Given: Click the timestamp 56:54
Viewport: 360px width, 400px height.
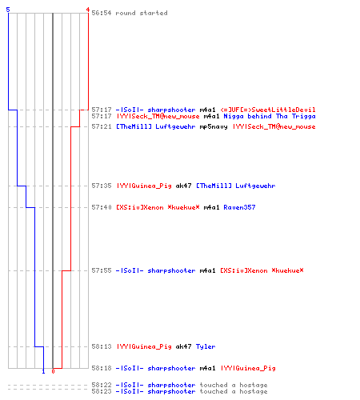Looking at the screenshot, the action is click(x=102, y=13).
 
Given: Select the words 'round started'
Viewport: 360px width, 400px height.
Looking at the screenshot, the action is click(x=142, y=13).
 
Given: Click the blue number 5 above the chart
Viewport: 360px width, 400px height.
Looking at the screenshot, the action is click(x=8, y=10).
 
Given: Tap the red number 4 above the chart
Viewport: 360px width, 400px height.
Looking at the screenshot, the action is click(x=88, y=10).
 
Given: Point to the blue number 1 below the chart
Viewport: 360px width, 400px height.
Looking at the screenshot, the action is click(x=43, y=371).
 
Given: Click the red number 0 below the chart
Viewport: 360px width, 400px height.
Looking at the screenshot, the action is click(x=53, y=371).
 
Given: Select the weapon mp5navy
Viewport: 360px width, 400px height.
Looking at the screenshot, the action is click(x=214, y=126).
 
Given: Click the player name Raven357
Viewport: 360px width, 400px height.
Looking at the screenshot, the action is click(x=239, y=207).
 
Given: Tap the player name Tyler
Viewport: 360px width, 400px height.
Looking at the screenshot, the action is click(x=206, y=346).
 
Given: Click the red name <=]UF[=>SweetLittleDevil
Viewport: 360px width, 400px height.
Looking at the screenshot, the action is click(x=268, y=110).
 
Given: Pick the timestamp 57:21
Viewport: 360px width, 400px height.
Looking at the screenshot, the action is click(x=102, y=126).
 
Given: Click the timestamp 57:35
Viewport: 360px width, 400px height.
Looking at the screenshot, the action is click(x=102, y=186).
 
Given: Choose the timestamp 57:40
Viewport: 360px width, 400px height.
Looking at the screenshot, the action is click(x=102, y=207).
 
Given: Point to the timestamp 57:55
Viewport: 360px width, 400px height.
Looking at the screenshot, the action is click(x=102, y=270).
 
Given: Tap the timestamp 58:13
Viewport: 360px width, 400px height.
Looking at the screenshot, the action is click(x=102, y=346).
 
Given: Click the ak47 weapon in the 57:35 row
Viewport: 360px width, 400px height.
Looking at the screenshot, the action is click(x=183, y=186).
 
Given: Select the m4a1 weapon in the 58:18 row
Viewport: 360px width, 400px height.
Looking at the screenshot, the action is click(x=207, y=368).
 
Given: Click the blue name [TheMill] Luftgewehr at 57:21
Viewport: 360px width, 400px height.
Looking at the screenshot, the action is click(x=155, y=126).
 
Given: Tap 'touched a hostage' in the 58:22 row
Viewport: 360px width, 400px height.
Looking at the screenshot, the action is click(x=234, y=385).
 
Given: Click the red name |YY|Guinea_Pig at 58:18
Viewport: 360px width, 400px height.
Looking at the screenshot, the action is click(x=248, y=368).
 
